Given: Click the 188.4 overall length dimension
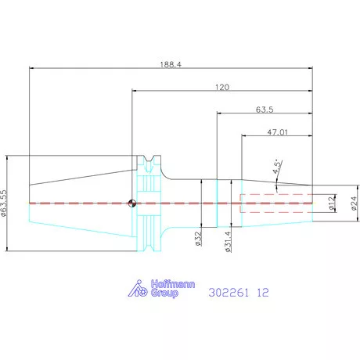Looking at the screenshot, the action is pos(171,64).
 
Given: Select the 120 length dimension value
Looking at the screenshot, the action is pos(222,87).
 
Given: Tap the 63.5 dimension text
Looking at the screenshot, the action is pos(265,110).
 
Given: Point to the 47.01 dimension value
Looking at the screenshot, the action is pos(277,132).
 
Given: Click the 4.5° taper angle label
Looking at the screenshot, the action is pos(277,167).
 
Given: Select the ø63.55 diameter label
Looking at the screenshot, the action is pos(4,203).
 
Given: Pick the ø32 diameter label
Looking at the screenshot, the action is pos(198,239).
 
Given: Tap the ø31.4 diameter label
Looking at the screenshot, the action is pos(228,242).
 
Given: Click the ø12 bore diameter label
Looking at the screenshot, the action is pos(331,203).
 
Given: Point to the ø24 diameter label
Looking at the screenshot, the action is pos(354,203).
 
